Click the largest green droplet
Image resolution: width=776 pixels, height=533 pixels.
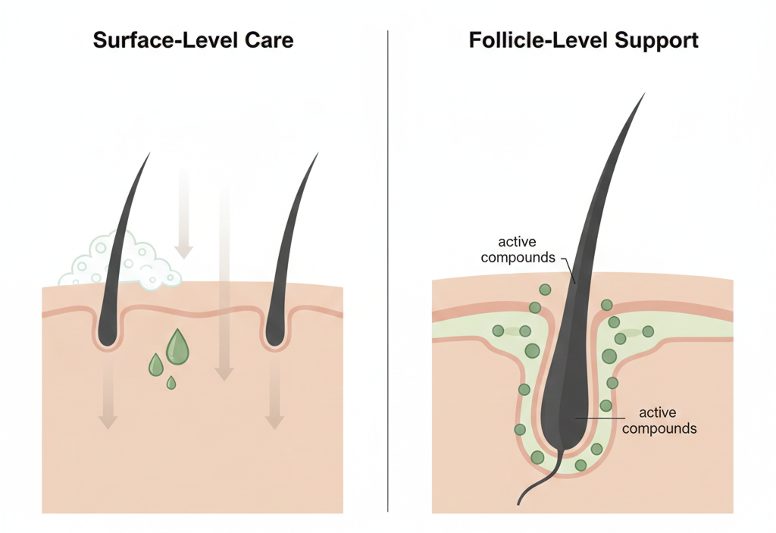click(x=177, y=346)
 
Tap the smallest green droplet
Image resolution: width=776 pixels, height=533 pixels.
click(x=171, y=382)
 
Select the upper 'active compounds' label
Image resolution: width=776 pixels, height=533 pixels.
click(x=518, y=249)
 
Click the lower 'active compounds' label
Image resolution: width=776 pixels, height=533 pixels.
click(x=659, y=420)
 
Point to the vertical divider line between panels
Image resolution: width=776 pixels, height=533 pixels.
click(x=388, y=271)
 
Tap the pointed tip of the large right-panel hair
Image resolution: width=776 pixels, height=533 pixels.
click(x=645, y=93)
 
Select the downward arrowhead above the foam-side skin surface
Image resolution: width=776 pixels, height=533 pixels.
click(x=183, y=252)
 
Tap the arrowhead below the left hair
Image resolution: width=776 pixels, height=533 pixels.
click(x=108, y=422)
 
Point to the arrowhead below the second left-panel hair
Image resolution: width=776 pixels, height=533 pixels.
click(x=274, y=422)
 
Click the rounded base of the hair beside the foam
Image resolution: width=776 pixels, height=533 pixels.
click(x=108, y=337)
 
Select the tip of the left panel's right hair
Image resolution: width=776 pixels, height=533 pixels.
click(x=318, y=154)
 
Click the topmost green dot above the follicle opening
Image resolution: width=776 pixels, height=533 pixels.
click(x=545, y=290)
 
